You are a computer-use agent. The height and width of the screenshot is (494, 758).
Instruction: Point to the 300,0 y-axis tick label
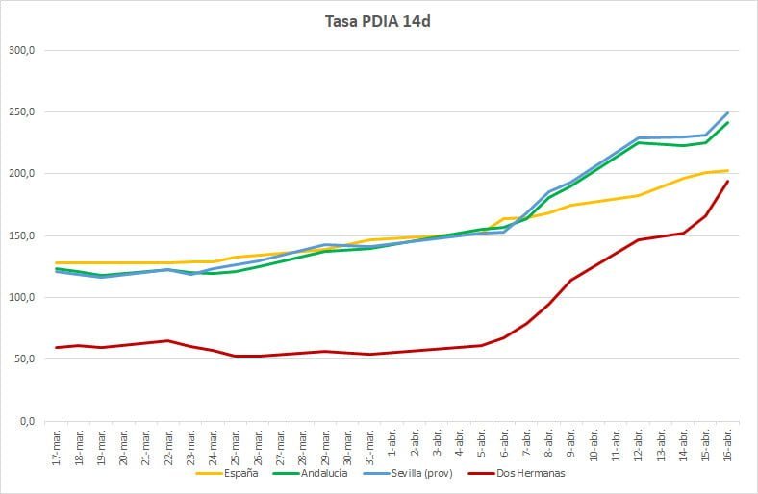22,50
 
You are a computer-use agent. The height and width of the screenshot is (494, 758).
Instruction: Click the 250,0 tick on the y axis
22,111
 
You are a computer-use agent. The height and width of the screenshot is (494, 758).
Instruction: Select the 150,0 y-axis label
22,235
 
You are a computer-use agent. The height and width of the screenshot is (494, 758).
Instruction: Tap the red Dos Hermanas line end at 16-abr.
727,182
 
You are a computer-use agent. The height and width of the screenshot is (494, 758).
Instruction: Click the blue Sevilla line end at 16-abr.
727,113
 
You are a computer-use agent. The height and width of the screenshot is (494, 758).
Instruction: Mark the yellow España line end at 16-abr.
727,170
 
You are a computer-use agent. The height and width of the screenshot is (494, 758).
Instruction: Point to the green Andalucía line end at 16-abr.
727,123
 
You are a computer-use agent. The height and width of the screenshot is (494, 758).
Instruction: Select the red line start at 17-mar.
57,347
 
